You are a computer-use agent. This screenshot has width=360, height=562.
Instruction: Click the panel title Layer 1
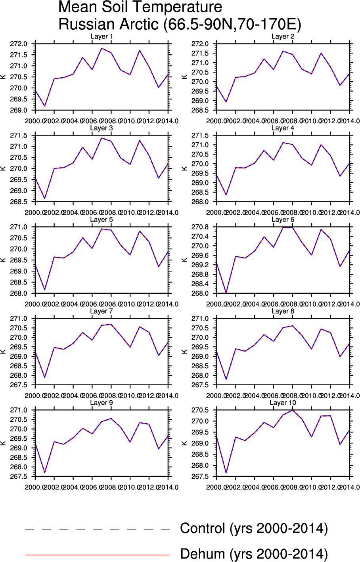pos(102,36)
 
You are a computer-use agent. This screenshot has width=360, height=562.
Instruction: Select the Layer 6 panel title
pos(283,220)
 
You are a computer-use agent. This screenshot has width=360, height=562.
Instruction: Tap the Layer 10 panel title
pos(283,403)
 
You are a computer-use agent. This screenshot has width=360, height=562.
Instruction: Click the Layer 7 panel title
pos(101,311)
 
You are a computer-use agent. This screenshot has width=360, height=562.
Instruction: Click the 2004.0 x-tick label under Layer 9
pos(73,487)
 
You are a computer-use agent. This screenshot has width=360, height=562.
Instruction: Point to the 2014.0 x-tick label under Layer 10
pos(349,487)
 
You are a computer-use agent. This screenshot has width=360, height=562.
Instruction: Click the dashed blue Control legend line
pos(97,529)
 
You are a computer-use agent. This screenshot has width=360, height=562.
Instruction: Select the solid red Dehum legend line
pos(97,555)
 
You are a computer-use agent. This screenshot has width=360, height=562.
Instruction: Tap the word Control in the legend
pos(203,529)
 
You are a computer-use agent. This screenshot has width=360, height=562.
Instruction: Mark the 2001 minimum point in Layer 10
pos(226,473)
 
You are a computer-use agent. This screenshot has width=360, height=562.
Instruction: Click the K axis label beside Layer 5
pos(3,260)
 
